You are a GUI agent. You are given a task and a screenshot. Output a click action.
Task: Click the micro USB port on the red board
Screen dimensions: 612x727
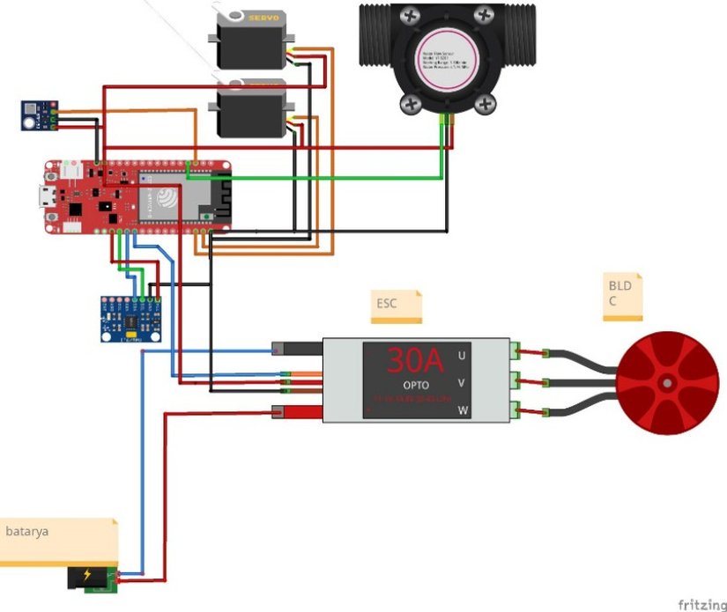coord(44,196)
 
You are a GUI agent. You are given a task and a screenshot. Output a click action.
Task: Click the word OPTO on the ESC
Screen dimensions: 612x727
coord(417,386)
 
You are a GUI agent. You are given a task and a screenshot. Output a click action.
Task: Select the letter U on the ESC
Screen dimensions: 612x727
coord(461,356)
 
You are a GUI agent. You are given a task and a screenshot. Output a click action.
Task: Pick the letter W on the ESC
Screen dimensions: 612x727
coord(462,411)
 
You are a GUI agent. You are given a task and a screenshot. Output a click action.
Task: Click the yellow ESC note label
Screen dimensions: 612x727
coord(395,306)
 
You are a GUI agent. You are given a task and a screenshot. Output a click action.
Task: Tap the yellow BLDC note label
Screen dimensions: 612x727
coord(623,295)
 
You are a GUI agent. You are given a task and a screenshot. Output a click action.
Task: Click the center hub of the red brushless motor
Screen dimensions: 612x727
coord(668,384)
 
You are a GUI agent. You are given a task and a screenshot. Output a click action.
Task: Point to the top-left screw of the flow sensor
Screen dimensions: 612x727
coord(411,16)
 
